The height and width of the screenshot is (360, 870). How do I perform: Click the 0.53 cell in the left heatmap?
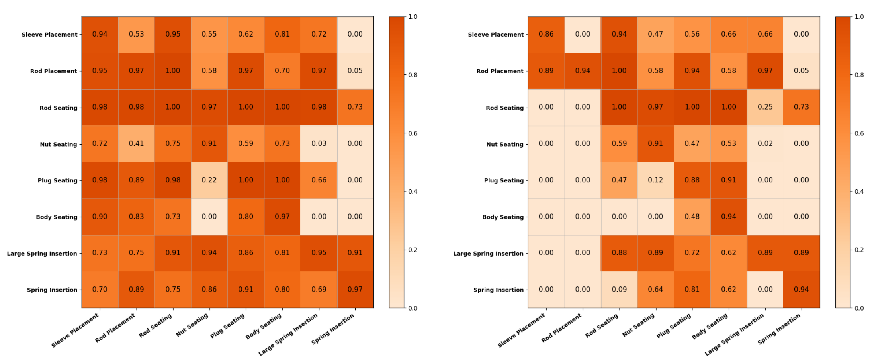coord(136,34)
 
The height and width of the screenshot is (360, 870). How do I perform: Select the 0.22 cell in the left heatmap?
coord(209,180)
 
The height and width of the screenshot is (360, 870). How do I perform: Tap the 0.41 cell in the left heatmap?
coord(136,143)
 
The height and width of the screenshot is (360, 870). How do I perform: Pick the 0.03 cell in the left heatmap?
coord(319,143)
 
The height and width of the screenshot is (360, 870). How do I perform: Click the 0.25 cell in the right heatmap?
coord(765,107)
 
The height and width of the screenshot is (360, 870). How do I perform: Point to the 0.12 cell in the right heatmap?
coord(655,180)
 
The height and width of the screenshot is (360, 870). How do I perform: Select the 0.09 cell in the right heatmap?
coord(619,290)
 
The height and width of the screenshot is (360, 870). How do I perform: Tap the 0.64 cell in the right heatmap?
coord(655,290)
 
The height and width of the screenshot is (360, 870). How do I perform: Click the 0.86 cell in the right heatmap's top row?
coord(546,34)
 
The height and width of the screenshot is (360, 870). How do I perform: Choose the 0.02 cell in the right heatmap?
coord(765,143)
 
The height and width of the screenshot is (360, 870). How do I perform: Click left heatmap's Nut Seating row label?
coord(58,144)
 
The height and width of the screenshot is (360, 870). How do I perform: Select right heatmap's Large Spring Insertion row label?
coord(488,254)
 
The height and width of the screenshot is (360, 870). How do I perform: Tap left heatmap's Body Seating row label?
coord(57,217)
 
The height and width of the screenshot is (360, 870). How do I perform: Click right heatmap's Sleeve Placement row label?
coord(496,35)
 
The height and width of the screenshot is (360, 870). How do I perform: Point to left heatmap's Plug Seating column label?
coord(228,326)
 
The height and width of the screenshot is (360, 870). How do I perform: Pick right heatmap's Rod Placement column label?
coord(561,328)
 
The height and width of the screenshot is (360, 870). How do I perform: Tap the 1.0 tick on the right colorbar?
coord(859,17)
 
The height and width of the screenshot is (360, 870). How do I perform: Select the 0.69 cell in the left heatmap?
coord(319,290)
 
